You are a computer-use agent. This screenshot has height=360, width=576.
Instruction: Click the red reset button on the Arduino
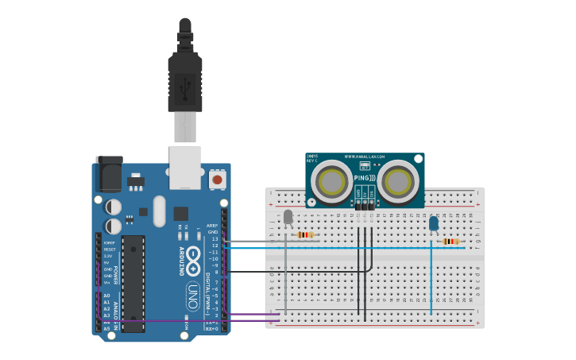point(216,180)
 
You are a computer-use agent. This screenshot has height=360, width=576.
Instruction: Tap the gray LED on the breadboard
point(288,217)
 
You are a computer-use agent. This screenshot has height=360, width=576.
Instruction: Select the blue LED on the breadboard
point(433,224)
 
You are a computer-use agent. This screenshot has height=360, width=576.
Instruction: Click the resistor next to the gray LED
point(306,234)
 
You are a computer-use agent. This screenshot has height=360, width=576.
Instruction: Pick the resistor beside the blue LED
point(450,242)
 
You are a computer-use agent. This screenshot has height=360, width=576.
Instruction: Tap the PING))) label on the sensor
point(365,178)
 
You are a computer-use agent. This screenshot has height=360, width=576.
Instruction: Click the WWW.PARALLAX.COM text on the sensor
point(365,157)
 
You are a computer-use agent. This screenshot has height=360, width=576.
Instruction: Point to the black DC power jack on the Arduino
point(108,173)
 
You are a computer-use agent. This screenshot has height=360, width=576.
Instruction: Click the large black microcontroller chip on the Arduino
point(133,283)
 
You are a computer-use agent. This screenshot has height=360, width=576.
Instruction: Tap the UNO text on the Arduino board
point(191,295)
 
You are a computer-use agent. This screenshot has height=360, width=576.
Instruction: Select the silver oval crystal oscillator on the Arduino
point(159,211)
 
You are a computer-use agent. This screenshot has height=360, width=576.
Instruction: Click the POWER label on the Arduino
point(115,275)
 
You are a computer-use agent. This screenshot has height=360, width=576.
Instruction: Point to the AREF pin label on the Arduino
point(212,226)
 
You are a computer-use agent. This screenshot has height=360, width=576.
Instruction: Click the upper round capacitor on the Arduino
point(114,206)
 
